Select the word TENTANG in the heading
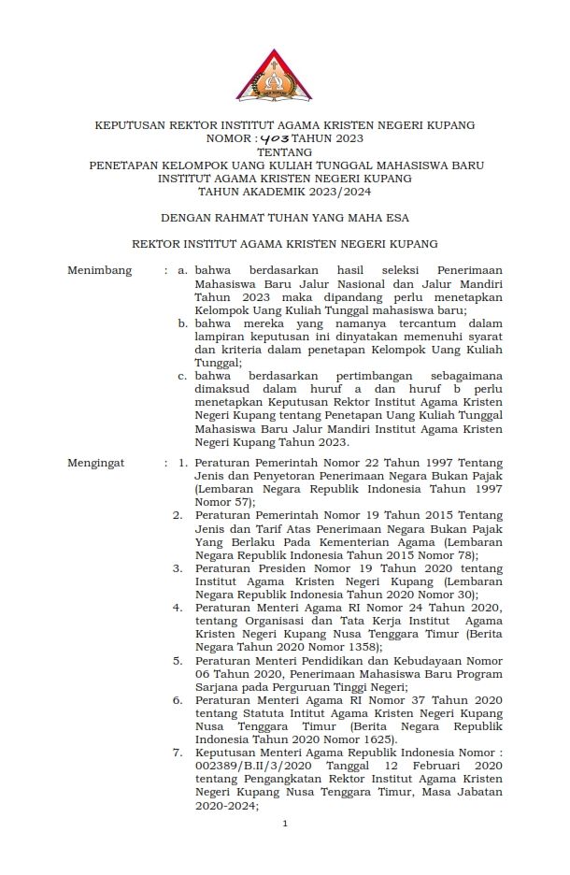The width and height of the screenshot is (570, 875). point(285,151)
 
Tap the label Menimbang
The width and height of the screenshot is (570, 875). point(99,271)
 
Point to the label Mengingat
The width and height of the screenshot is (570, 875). point(96,463)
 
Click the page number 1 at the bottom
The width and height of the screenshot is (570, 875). point(285,824)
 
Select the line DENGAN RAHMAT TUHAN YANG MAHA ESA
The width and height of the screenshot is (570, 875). point(285,218)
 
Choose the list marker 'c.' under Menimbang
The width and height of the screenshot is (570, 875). point(183,377)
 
